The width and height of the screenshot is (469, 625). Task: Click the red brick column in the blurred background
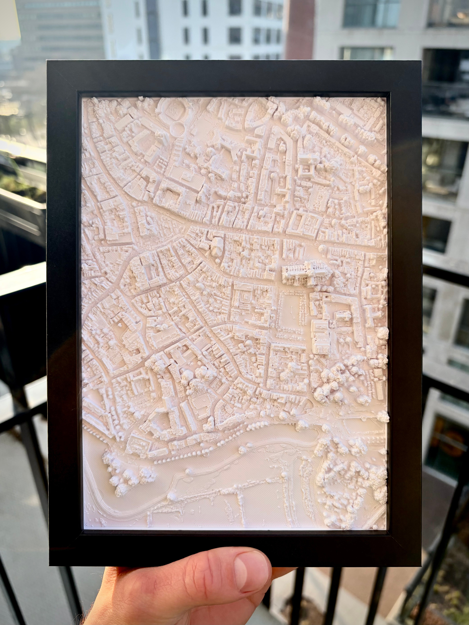299,28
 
